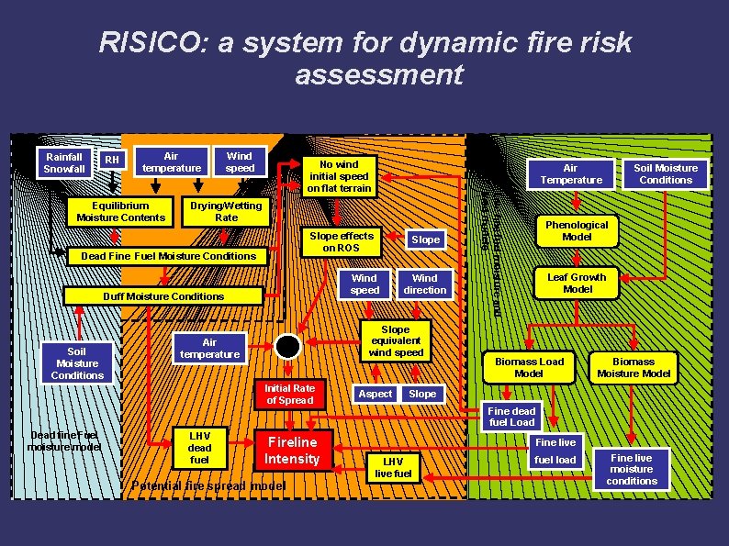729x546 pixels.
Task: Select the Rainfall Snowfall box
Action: (x=64, y=162)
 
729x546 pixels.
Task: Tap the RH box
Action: (x=112, y=161)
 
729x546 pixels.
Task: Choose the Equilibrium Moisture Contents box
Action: (x=121, y=211)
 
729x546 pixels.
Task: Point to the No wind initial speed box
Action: (x=340, y=175)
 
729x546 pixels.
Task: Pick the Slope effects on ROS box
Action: (x=342, y=241)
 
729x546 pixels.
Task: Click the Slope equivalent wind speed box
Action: (x=396, y=340)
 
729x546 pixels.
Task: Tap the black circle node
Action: (x=288, y=346)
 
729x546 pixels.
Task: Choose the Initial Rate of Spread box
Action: (x=290, y=394)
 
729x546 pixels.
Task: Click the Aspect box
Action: (x=375, y=394)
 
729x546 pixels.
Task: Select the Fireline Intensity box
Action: (x=292, y=451)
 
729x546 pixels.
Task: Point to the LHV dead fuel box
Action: (x=199, y=448)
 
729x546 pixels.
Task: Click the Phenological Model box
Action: (x=577, y=230)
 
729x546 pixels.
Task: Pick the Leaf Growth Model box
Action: (x=577, y=283)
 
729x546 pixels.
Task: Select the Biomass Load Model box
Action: (x=529, y=367)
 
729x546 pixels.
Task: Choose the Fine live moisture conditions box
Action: (x=632, y=469)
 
